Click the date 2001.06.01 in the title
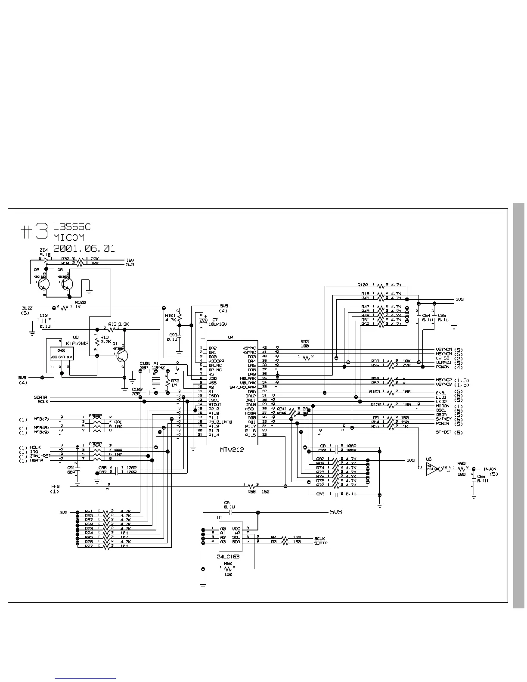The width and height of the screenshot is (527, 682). point(84,248)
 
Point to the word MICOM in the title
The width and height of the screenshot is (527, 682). point(69,237)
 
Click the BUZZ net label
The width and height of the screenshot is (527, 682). point(27,308)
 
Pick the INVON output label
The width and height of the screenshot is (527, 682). point(490,469)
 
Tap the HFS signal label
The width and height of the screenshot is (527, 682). point(55,487)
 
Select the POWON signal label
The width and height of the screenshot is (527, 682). point(443,367)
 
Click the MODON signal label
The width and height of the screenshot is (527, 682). point(443,406)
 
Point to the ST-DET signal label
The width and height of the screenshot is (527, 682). point(443,432)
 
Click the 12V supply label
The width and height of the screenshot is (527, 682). point(130,260)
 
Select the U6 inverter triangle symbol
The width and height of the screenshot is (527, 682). point(431,469)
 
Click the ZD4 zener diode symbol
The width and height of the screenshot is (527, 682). point(46,260)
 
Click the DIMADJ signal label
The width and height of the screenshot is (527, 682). point(444,363)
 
